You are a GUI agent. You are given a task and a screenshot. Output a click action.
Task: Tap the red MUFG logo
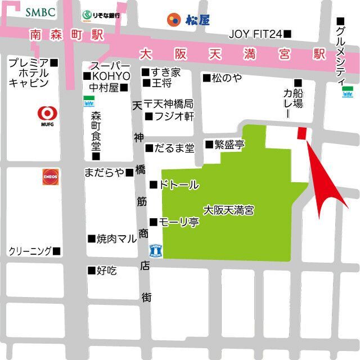[x=46, y=114]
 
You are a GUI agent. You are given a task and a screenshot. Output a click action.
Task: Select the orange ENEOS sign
[x=50, y=177]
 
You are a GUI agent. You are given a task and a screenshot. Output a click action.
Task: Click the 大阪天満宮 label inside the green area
[x=228, y=211]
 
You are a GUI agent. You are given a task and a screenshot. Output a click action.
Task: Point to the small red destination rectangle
[x=302, y=133]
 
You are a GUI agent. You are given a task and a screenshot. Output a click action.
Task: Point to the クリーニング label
[x=34, y=251]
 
